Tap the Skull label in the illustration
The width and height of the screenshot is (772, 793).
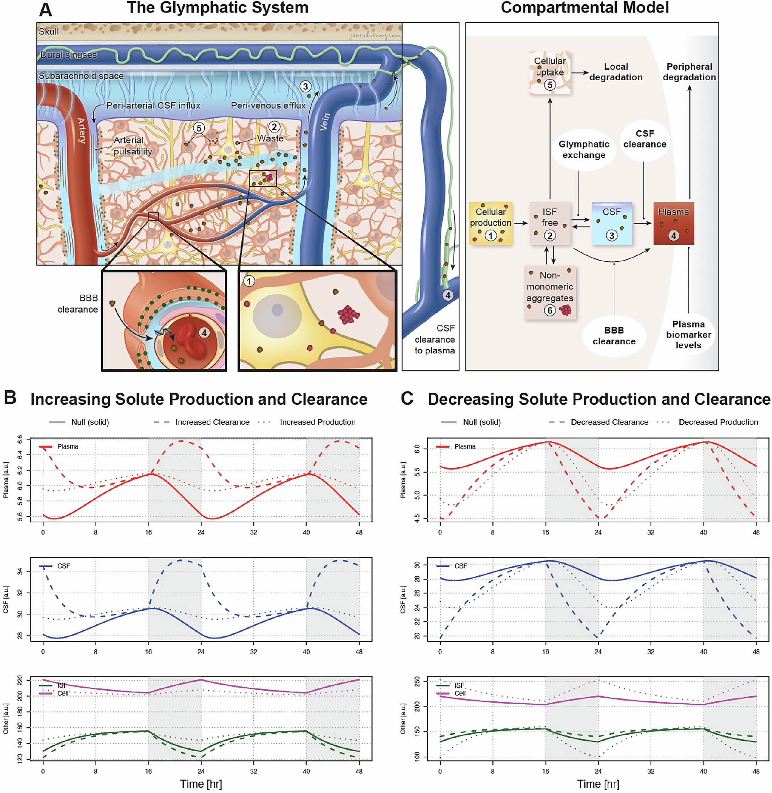[x=49, y=32]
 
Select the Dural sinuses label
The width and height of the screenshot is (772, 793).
[x=68, y=55]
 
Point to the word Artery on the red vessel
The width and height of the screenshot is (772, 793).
[x=81, y=130]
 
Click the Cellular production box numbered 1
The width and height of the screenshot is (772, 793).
[x=490, y=224]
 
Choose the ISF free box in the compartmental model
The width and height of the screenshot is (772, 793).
[x=550, y=224]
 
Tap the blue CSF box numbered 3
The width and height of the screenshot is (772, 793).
[x=611, y=224]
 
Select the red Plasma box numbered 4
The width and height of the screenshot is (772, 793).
[x=674, y=224]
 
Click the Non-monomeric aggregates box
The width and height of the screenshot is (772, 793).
[x=550, y=292]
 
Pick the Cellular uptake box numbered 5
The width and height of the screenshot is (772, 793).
[x=550, y=73]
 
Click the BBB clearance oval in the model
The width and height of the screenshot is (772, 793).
[x=614, y=335]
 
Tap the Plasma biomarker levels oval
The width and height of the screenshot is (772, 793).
[x=689, y=334]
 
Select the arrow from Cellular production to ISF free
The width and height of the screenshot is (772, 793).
[x=521, y=223]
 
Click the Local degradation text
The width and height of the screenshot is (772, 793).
[x=616, y=72]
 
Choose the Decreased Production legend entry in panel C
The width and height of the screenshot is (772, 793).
[x=718, y=422]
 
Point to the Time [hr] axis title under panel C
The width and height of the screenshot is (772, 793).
[x=598, y=784]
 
